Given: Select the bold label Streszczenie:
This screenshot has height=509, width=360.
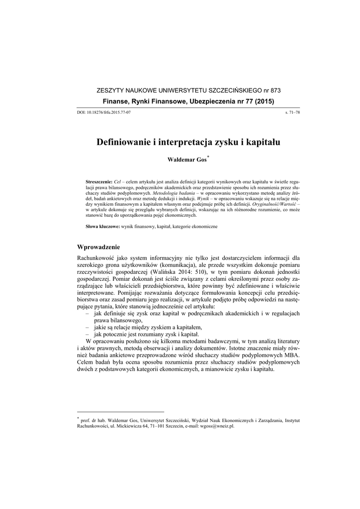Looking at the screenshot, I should tap(99, 182).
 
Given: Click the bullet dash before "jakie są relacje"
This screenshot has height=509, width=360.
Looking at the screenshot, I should tap(89, 328).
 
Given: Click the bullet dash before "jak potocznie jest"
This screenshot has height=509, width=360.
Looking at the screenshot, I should tap(89, 336).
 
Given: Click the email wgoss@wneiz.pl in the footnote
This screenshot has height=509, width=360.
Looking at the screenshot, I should tap(217, 426).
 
